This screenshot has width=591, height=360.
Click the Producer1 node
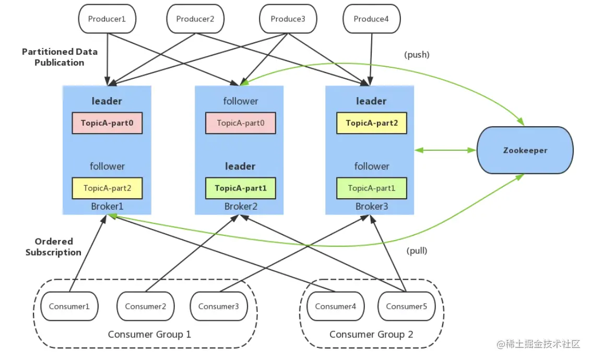[x=107, y=19]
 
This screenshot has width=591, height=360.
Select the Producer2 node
[x=195, y=19]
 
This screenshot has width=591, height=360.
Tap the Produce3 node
[x=288, y=19]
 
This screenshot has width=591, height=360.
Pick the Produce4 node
[x=371, y=19]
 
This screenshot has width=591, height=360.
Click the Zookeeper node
[x=525, y=150]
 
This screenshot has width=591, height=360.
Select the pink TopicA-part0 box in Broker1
[x=107, y=123]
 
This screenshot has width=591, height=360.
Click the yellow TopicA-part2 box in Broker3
[x=372, y=123]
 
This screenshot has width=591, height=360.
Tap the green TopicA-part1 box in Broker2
[x=241, y=188]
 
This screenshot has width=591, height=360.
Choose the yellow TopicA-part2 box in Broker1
[x=107, y=188]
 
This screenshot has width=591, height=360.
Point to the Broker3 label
[x=372, y=207]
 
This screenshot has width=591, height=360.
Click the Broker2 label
[x=241, y=207]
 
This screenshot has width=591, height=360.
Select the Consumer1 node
[x=69, y=306]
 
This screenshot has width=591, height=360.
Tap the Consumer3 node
[x=219, y=306]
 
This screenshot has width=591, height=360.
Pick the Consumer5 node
[x=406, y=306]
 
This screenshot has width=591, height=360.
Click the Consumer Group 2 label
[x=371, y=334]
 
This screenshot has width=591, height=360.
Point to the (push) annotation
[x=417, y=55]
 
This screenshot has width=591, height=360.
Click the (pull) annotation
[x=417, y=251]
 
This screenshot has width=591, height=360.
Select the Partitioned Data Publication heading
[x=60, y=57]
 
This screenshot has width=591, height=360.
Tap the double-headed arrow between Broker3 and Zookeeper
[x=445, y=150]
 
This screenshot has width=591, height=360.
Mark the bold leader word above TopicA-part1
[x=240, y=166]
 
